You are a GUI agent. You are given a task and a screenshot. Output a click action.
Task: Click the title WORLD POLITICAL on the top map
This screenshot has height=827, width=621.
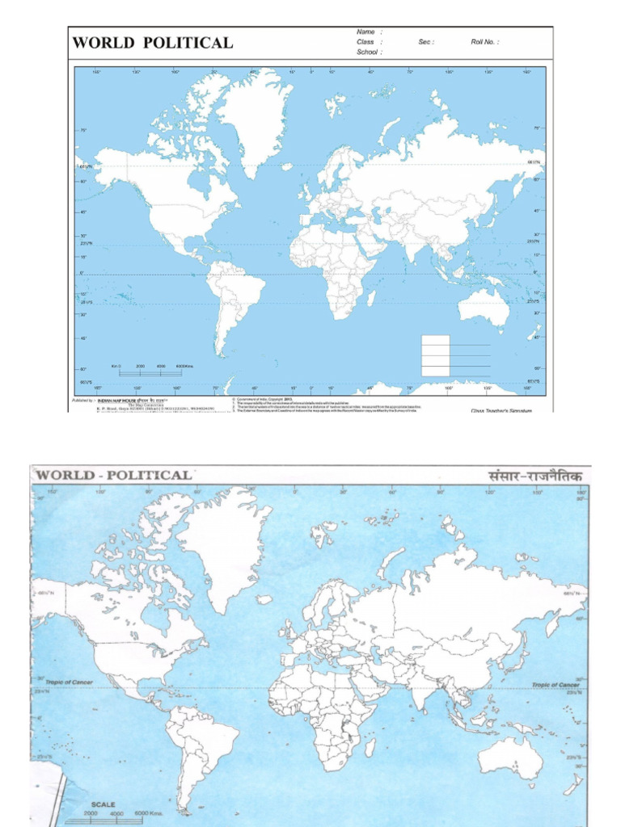[x=153, y=43]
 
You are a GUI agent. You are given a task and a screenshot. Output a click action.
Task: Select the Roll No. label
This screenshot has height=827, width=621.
[x=485, y=42]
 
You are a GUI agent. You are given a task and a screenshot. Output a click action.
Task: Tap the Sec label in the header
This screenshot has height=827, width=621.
[x=426, y=42]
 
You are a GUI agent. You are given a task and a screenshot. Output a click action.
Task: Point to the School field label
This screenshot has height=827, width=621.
[x=369, y=52]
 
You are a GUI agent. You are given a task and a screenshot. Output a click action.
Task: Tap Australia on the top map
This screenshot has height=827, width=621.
[x=483, y=307]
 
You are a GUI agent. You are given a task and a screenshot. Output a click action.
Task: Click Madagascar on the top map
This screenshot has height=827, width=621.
[x=371, y=298]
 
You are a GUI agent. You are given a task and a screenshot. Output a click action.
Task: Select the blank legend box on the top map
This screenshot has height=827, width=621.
[x=435, y=355]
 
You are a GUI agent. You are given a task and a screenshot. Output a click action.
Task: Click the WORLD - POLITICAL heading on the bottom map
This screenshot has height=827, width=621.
[x=114, y=475]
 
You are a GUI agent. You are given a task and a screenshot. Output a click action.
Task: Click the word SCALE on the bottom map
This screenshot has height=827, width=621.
[x=103, y=804]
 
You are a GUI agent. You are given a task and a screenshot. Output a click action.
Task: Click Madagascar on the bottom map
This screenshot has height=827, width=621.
[x=370, y=747]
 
